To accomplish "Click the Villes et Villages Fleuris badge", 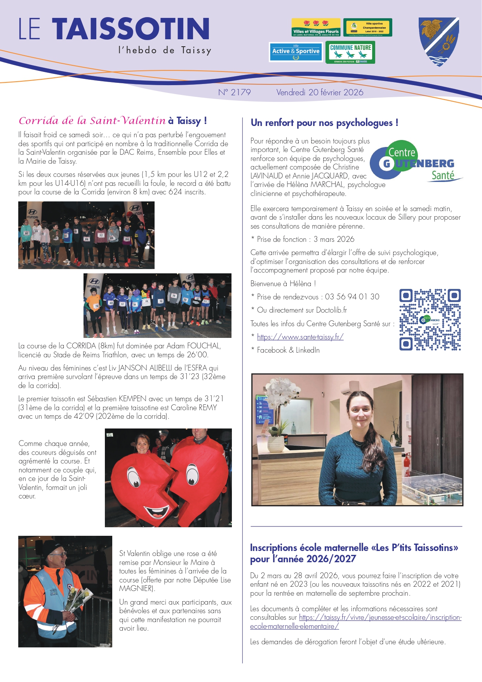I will coord(316,27).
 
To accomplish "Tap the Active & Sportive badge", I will coord(296,52).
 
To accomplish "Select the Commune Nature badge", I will coord(350,52).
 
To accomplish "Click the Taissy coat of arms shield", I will coord(439,41).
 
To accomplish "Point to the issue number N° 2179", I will coord(234,93).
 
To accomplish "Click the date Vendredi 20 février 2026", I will coord(320,93).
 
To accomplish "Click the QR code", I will coord(430,320).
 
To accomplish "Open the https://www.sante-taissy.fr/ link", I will coord(300,337).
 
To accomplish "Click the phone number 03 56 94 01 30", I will coord(352,297).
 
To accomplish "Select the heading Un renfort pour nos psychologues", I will coord(324,123).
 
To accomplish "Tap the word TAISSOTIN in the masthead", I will coord(131,29).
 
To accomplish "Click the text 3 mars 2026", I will coord(334,239).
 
